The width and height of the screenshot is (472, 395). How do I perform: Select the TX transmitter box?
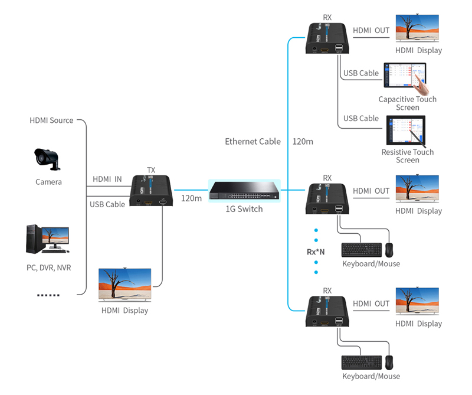pyautogui.click(x=151, y=192)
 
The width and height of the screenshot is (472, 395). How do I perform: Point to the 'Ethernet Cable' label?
pyautogui.click(x=253, y=142)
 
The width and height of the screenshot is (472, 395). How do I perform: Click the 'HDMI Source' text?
pyautogui.click(x=52, y=120)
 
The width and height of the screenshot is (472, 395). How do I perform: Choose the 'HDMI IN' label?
pyautogui.click(x=107, y=179)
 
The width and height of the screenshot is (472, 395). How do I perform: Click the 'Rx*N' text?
pyautogui.click(x=316, y=252)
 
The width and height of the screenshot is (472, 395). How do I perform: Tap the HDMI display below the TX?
pyautogui.click(x=125, y=285)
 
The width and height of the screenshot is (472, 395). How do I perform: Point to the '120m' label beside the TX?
pyautogui.click(x=191, y=198)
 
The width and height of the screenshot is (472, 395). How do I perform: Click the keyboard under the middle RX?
pyautogui.click(x=361, y=250)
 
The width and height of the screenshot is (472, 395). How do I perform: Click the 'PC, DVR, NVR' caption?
pyautogui.click(x=48, y=267)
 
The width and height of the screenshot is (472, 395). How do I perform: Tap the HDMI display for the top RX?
pyautogui.click(x=418, y=28)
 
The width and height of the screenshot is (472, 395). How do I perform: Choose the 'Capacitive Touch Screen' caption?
pyautogui.click(x=407, y=103)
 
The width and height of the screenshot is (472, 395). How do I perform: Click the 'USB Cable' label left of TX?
pyautogui.click(x=107, y=204)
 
